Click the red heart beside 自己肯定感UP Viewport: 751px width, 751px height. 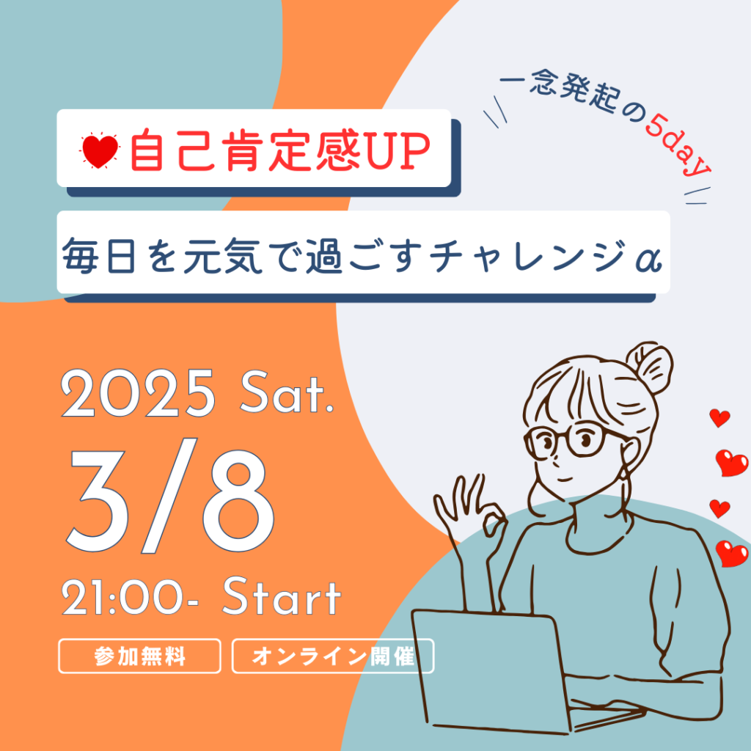coord(100,150)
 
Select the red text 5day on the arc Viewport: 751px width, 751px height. coord(678,145)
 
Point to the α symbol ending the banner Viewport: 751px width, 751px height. coord(649,259)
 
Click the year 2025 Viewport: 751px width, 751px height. coord(138,394)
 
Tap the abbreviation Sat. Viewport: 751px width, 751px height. coord(287,394)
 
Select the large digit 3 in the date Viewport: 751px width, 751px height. coord(100,500)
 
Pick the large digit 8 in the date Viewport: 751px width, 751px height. coord(238,500)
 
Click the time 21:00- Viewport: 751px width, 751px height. coord(129,597)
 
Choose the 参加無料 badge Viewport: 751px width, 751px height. coord(139,656)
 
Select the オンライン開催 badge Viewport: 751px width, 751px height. coord(333,656)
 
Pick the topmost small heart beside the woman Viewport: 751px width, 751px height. coord(719,417)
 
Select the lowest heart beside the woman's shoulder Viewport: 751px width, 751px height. coord(732,554)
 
